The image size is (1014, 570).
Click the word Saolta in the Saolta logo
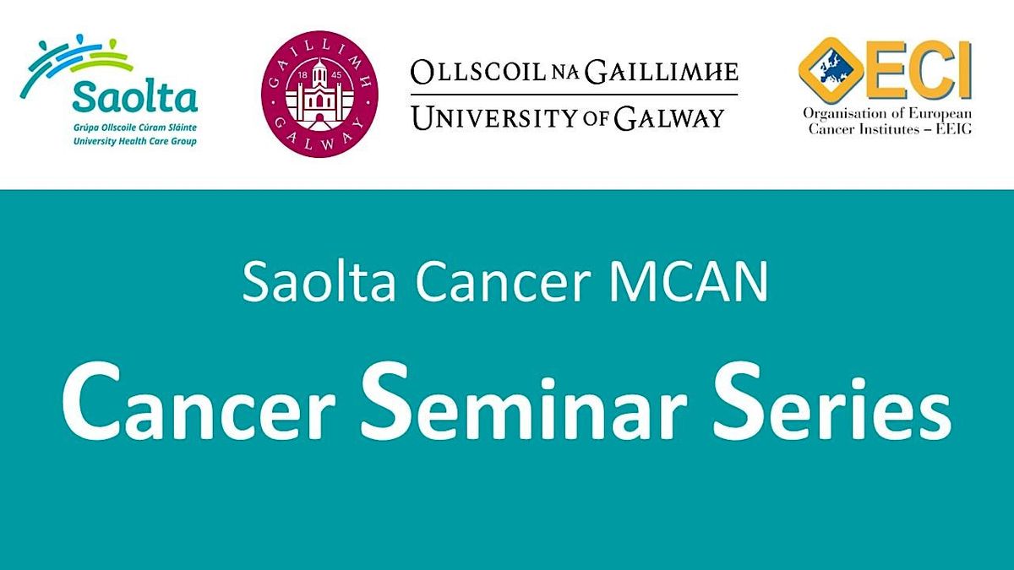pos(135,97)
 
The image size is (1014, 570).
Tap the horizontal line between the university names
pos(574,94)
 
